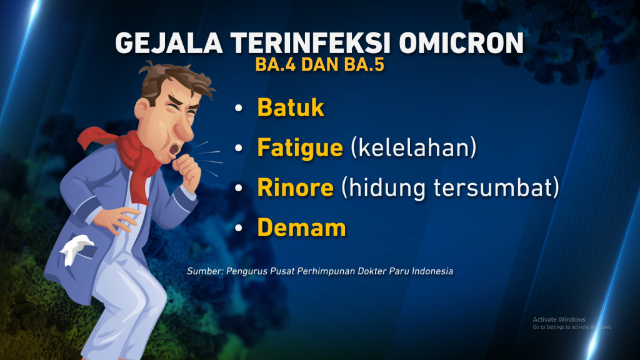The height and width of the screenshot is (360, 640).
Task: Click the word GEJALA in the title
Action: (x=169, y=43)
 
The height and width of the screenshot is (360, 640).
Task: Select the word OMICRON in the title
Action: (x=461, y=43)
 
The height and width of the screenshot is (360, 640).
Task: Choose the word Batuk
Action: (x=291, y=107)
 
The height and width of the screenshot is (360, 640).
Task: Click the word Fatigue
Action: (x=300, y=148)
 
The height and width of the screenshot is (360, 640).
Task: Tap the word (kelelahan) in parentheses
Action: (x=414, y=147)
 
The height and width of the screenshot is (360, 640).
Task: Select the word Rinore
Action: (x=296, y=187)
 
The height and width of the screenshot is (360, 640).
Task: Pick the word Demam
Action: (x=302, y=227)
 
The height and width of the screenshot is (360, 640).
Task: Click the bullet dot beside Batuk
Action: (x=239, y=108)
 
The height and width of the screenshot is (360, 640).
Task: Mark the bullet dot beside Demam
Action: (x=239, y=228)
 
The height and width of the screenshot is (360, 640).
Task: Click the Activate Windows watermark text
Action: (x=559, y=319)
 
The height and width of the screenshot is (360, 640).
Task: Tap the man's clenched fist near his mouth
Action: (x=187, y=171)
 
